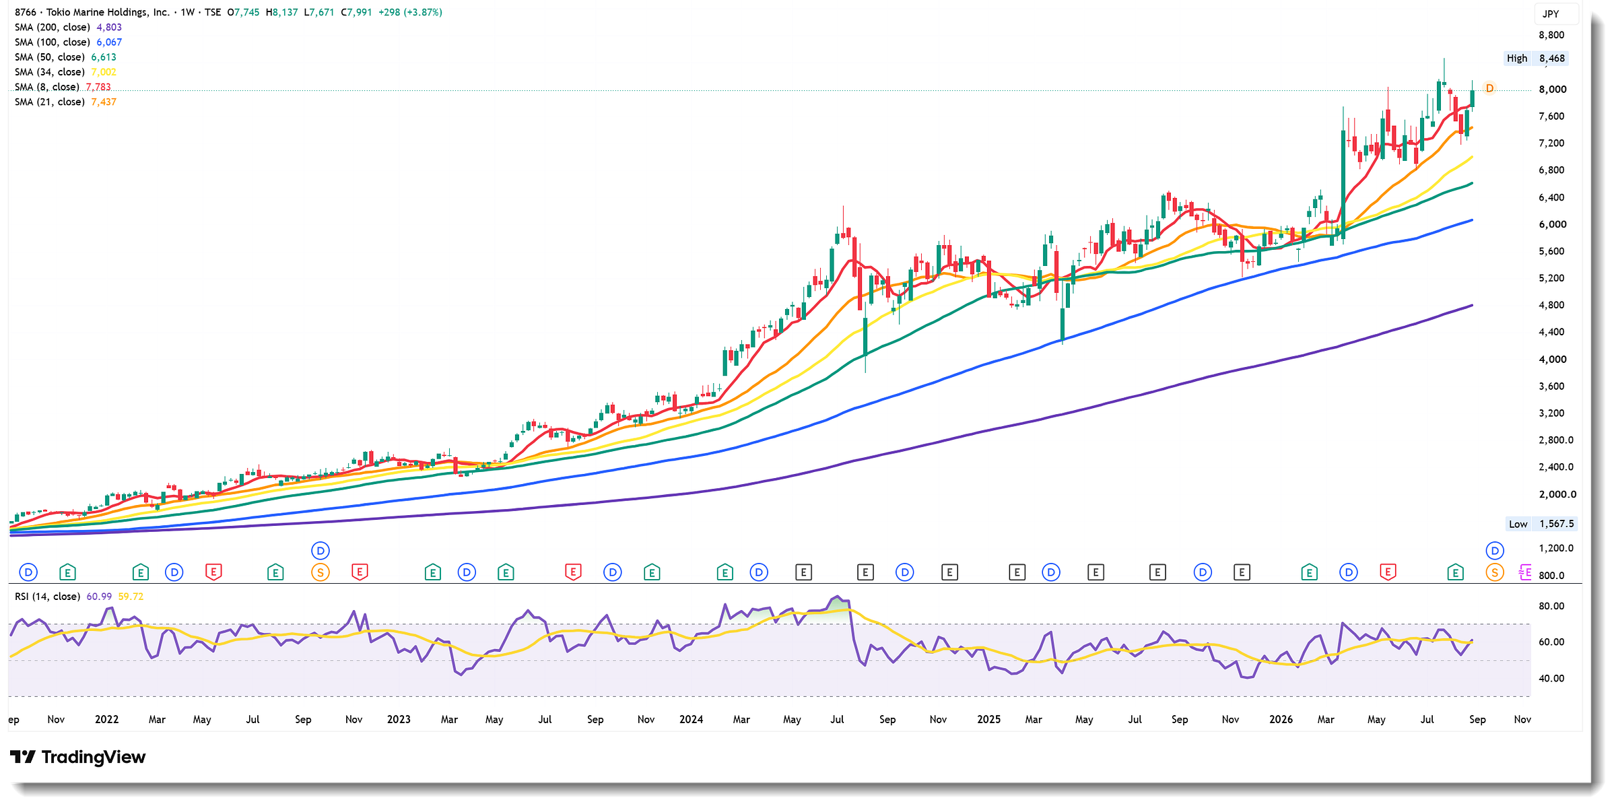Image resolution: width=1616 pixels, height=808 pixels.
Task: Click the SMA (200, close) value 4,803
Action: [x=109, y=28]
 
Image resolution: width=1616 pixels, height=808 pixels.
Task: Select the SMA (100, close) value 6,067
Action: [x=109, y=42]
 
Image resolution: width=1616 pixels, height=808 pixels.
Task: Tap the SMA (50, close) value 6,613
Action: [x=104, y=57]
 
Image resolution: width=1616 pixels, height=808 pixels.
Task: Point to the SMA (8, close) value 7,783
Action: [x=98, y=87]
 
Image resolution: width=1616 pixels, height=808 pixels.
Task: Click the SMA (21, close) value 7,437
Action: [x=104, y=102]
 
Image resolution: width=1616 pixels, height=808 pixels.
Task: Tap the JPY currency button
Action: [x=1551, y=13]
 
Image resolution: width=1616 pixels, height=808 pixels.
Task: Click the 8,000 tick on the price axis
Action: [x=1553, y=90]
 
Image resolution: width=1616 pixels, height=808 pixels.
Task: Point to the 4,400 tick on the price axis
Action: [x=1552, y=332]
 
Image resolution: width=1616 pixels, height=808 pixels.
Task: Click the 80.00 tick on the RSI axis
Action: [x=1551, y=606]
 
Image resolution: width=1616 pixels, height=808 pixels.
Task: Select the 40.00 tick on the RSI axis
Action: [x=1551, y=678]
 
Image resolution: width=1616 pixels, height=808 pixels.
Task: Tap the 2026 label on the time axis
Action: [x=1281, y=719]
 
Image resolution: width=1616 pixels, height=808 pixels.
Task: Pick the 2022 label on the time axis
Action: [x=106, y=719]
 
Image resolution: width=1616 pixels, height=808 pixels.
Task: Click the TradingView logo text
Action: [x=94, y=757]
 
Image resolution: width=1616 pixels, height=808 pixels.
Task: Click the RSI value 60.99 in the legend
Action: [x=99, y=597]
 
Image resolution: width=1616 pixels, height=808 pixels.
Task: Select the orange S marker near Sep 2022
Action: [x=321, y=573]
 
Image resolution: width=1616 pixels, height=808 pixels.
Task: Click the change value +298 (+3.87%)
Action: [x=410, y=12]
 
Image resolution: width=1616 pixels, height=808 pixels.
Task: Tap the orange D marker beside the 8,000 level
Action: [x=1489, y=88]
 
